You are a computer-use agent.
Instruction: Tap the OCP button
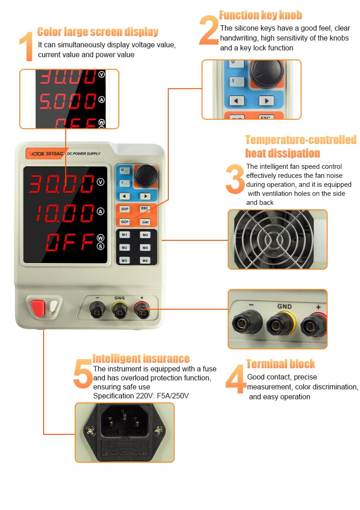coord(125,222)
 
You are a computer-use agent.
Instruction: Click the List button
coord(145,222)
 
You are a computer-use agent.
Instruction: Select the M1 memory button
coord(125,235)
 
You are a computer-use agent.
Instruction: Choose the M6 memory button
coord(145,261)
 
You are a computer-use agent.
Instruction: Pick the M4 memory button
coord(145,235)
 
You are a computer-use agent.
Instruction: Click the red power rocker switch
coord(38,308)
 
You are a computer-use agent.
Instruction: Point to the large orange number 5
coord(83,374)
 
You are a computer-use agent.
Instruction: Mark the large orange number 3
coord(235,179)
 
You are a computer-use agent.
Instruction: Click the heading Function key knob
coord(261,15)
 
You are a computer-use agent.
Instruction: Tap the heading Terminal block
coord(280,364)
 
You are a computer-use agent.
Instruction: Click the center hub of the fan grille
coord(274,240)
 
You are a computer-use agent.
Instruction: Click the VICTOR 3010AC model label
coord(45,153)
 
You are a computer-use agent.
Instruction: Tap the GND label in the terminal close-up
coord(284,307)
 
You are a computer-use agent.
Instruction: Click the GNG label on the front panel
coord(120,298)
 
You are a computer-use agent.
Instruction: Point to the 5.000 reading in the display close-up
coord(67,101)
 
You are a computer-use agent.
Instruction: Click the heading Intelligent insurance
coord(141,358)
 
